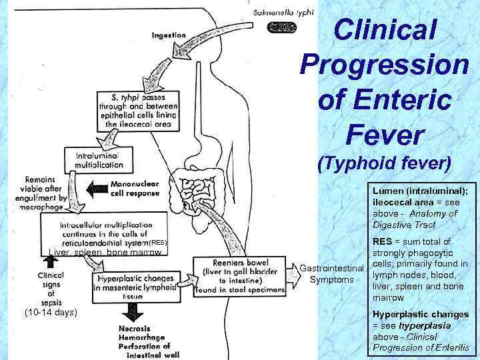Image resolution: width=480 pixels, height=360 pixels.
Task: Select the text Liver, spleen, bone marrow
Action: (105, 253)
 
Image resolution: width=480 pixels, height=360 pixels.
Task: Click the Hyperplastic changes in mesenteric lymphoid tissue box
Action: (135, 283)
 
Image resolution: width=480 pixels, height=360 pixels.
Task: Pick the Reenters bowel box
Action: (235, 275)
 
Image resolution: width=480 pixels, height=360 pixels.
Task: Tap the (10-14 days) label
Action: (50, 312)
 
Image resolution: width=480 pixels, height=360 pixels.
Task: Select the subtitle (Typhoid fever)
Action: (385, 162)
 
